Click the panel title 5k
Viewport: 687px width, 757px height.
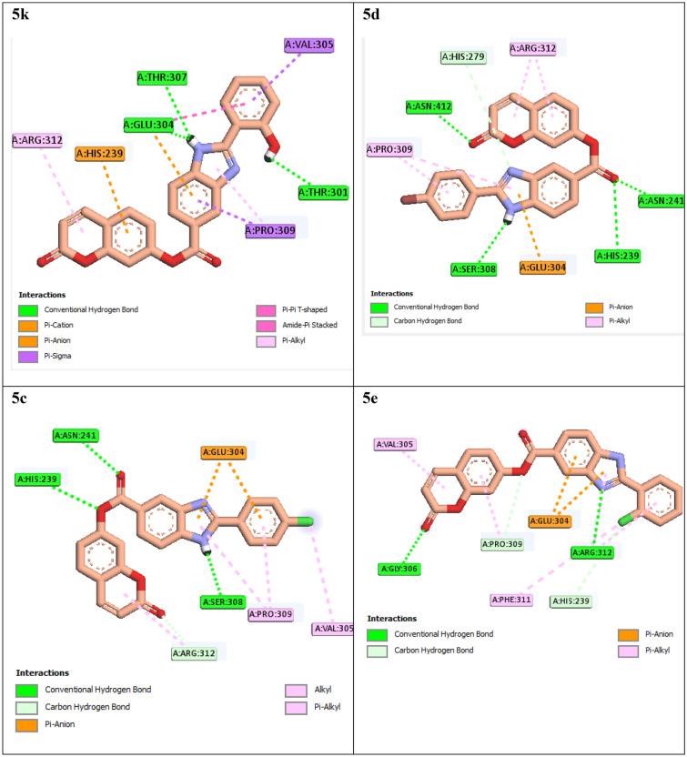click(21, 15)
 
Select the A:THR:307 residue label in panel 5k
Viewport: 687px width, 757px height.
click(162, 78)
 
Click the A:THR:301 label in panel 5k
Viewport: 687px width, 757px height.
click(324, 192)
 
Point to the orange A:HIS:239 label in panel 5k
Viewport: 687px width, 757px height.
click(100, 154)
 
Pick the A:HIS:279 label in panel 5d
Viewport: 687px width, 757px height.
click(463, 58)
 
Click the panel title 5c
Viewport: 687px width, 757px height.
click(21, 397)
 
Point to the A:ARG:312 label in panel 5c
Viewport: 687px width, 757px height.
click(198, 651)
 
